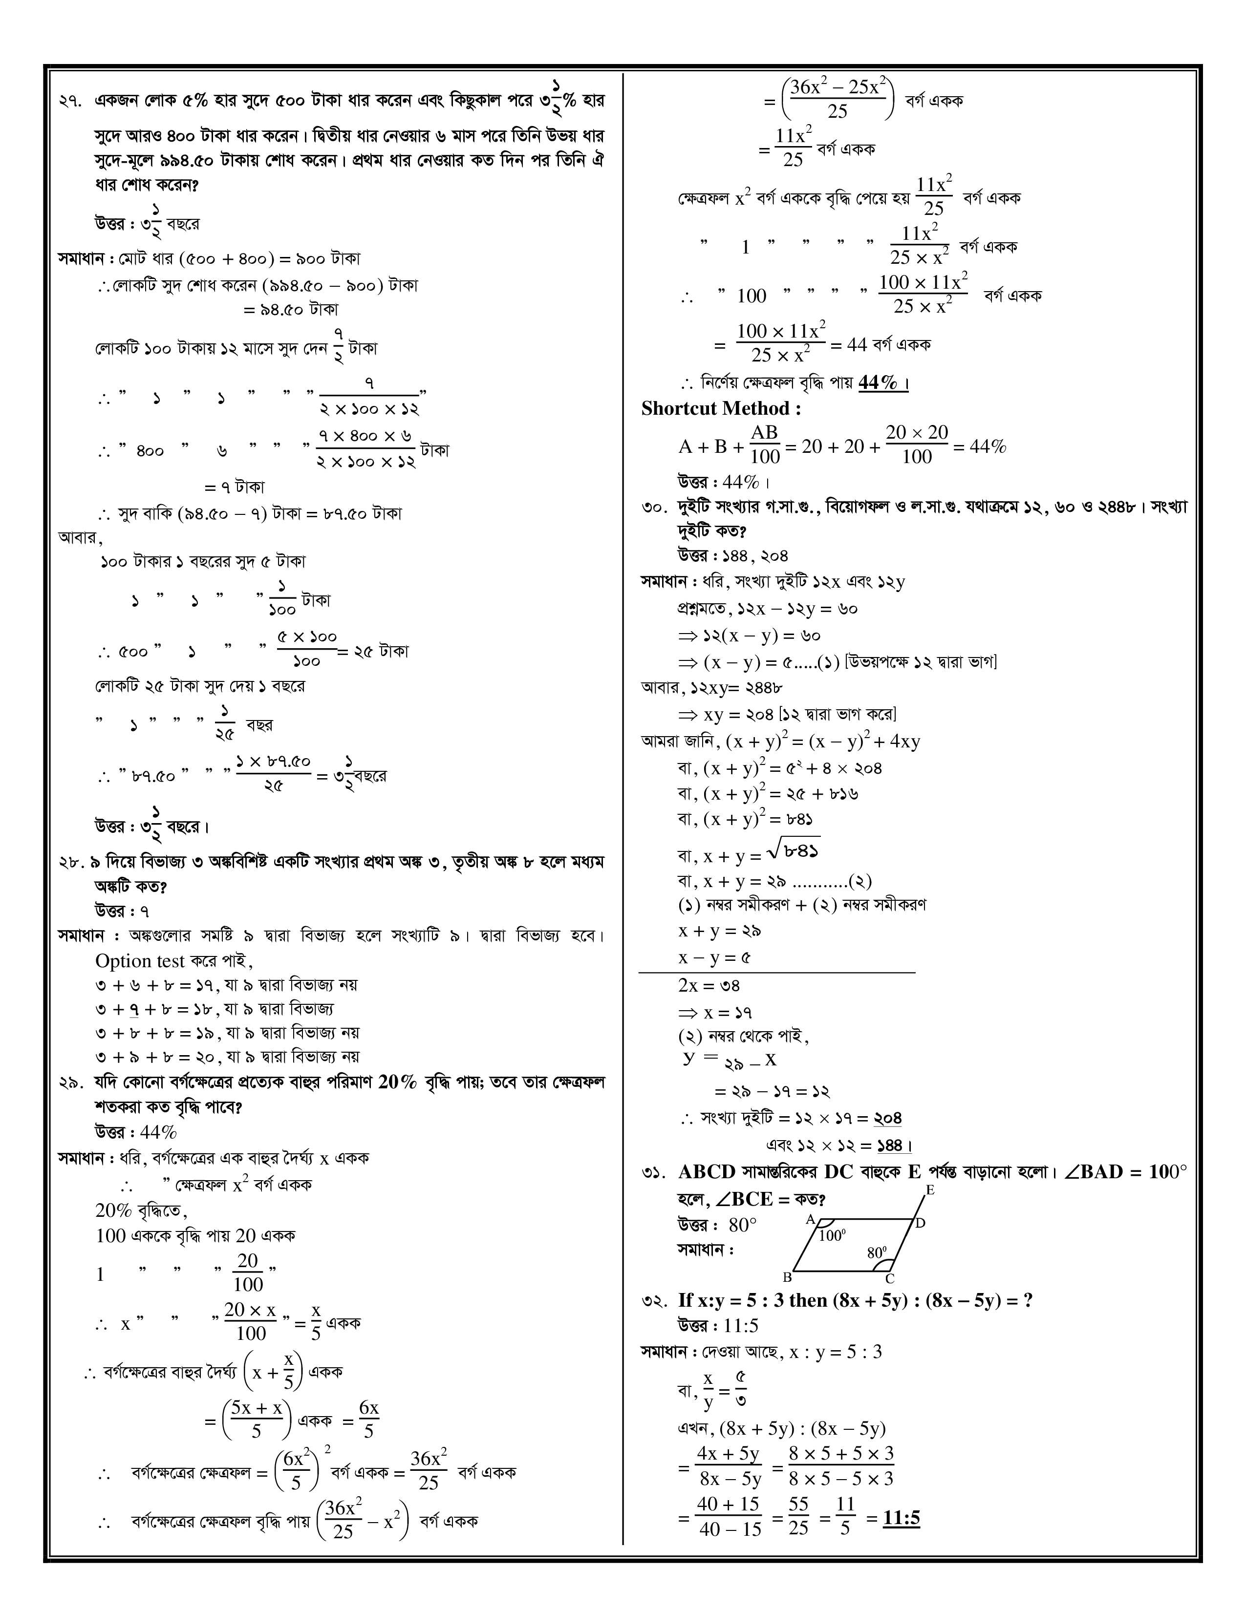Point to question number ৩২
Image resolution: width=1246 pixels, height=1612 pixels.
(x=654, y=1300)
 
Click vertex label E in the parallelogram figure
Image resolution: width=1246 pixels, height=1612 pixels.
(x=930, y=1190)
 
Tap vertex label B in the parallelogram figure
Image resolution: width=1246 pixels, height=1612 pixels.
(x=788, y=1277)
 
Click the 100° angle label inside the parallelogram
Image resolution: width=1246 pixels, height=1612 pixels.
(x=832, y=1235)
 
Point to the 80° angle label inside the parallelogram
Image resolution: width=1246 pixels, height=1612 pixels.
(x=876, y=1252)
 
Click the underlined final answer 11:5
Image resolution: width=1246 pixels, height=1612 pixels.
(x=902, y=1518)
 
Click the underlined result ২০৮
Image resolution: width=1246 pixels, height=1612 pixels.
(x=887, y=1118)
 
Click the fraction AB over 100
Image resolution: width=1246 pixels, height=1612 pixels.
(x=765, y=445)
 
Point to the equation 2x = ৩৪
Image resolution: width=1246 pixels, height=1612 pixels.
(x=709, y=985)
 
